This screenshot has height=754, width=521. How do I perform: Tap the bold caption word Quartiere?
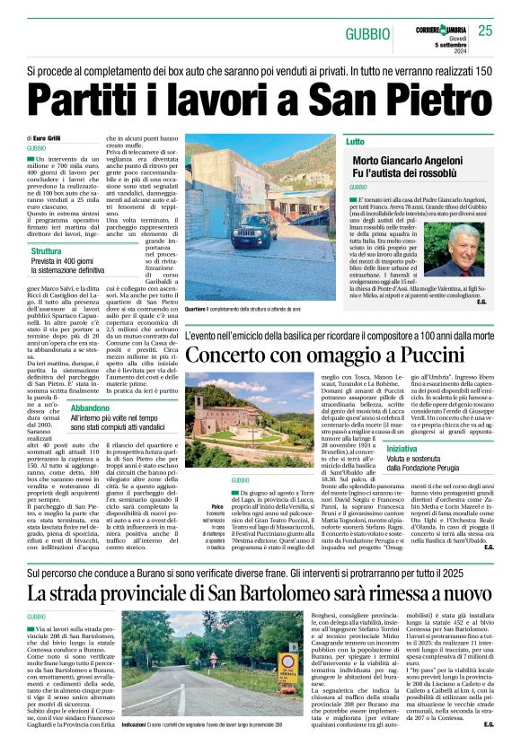click(199, 308)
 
